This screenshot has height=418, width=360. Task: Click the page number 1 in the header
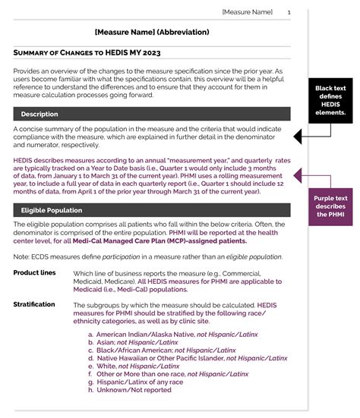pyautogui.click(x=289, y=12)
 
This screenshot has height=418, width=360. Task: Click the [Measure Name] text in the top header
pyautogui.click(x=247, y=12)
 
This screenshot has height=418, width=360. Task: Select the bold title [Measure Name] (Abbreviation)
pyautogui.click(x=153, y=33)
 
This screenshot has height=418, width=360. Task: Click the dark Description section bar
pyautogui.click(x=152, y=114)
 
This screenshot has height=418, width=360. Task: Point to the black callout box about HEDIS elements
pyautogui.click(x=330, y=100)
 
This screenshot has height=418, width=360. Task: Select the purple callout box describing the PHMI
pyautogui.click(x=330, y=206)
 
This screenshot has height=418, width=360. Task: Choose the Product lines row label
pyautogui.click(x=34, y=272)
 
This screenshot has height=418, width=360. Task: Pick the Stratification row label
pyautogui.click(x=34, y=304)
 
